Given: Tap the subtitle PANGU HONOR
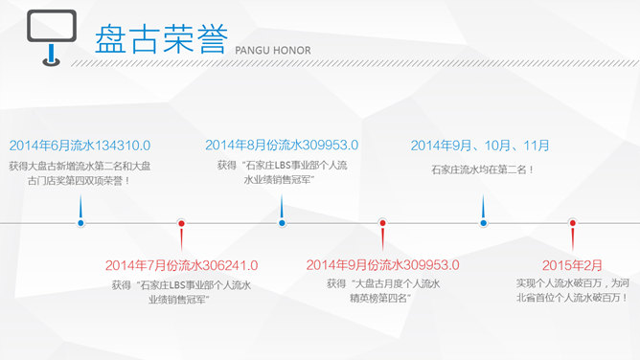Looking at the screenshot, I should pos(272,49).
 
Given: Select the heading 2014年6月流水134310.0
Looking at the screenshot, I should pos(80,146).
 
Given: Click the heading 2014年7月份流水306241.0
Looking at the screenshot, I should pos(181,264).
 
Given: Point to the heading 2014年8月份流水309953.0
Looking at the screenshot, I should pos(282,146).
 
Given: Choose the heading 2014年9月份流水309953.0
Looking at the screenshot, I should pos(382,264).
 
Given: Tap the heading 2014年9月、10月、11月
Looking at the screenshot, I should pos(480,146).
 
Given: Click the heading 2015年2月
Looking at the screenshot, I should pos(573,264).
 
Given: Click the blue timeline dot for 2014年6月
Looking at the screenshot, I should pos(80,223).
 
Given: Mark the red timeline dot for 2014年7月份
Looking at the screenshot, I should pos(181,223).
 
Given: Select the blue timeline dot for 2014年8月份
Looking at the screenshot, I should pos(282,223).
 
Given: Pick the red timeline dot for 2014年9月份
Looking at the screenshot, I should pos(382,223).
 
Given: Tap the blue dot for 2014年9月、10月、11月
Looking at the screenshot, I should pos(484,223).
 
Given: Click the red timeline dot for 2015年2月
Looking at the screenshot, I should pos(573,223).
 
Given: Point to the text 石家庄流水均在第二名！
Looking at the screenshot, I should pos(482,170).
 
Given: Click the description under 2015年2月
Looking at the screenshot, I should pos(573,291).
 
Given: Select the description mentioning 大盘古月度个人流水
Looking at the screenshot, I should pos(382,291).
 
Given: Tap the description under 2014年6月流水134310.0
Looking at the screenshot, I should pos(80,173).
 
